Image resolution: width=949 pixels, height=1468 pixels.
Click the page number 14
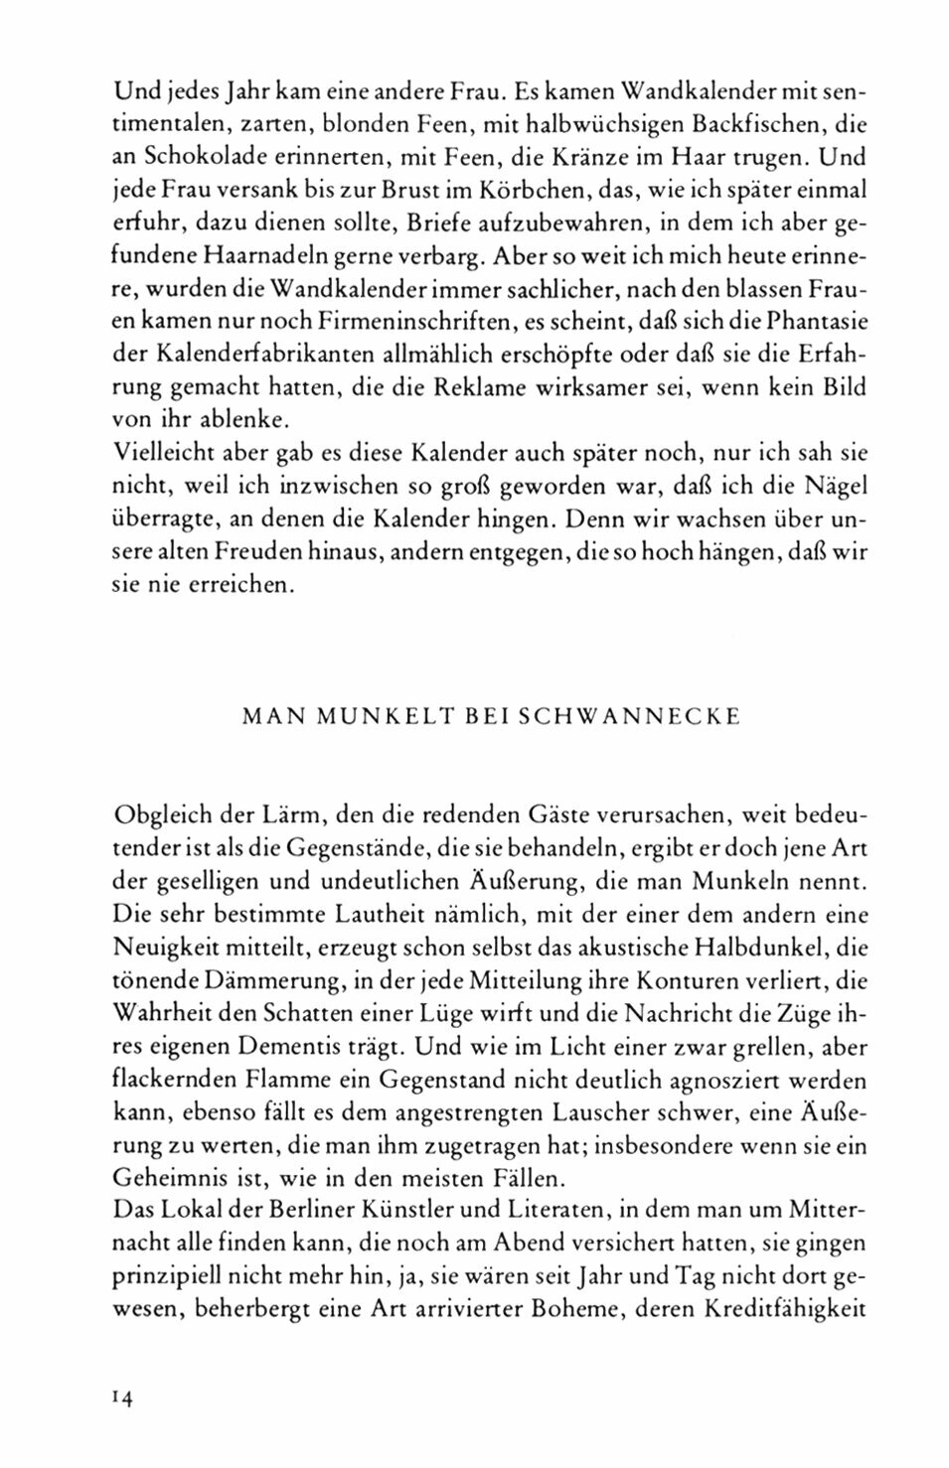click(x=124, y=1397)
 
